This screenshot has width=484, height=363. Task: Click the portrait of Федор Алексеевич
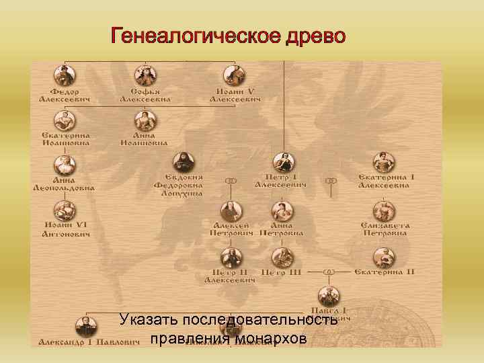tap(65, 74)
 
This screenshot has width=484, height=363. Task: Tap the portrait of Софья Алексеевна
tap(145, 74)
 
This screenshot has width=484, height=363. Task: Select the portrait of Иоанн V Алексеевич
tap(235, 74)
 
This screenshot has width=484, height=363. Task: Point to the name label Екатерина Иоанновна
tap(65, 138)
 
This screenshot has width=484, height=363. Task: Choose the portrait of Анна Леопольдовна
tap(65, 165)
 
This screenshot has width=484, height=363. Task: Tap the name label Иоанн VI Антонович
tap(65, 229)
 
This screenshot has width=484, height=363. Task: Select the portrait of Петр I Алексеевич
tap(284, 162)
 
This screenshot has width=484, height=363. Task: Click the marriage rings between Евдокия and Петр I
tap(231, 181)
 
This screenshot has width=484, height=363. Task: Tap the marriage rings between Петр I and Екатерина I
tap(331, 181)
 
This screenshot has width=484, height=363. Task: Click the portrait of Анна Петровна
tap(282, 210)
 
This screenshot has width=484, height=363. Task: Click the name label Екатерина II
tap(385, 272)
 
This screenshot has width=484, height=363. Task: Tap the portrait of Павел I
tap(329, 295)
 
